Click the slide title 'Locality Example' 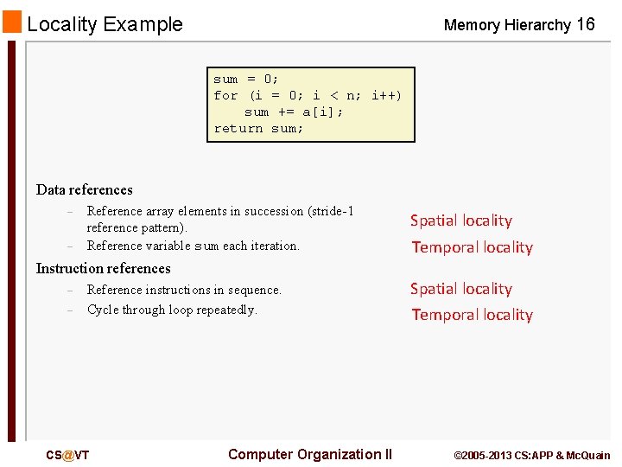pyautogui.click(x=105, y=24)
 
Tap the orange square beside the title pyautogui.click(x=12, y=22)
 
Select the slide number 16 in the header pyautogui.click(x=585, y=24)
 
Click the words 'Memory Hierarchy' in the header pyautogui.click(x=507, y=25)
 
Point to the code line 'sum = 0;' pyautogui.click(x=246, y=80)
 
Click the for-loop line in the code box pyautogui.click(x=308, y=96)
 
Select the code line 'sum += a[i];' pyautogui.click(x=294, y=112)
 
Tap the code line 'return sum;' pyautogui.click(x=258, y=129)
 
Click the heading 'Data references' pyautogui.click(x=85, y=189)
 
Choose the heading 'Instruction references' pyautogui.click(x=103, y=268)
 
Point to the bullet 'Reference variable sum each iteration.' pyautogui.click(x=193, y=246)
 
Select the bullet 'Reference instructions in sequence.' pyautogui.click(x=184, y=290)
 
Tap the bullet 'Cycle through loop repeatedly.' pyautogui.click(x=172, y=310)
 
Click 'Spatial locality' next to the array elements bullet pyautogui.click(x=460, y=221)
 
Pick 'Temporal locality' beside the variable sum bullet pyautogui.click(x=472, y=247)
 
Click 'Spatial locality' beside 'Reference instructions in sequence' pyautogui.click(x=460, y=289)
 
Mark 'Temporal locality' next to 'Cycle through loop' pyautogui.click(x=472, y=315)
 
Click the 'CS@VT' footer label pyautogui.click(x=67, y=456)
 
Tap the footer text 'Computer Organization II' pyautogui.click(x=309, y=455)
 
